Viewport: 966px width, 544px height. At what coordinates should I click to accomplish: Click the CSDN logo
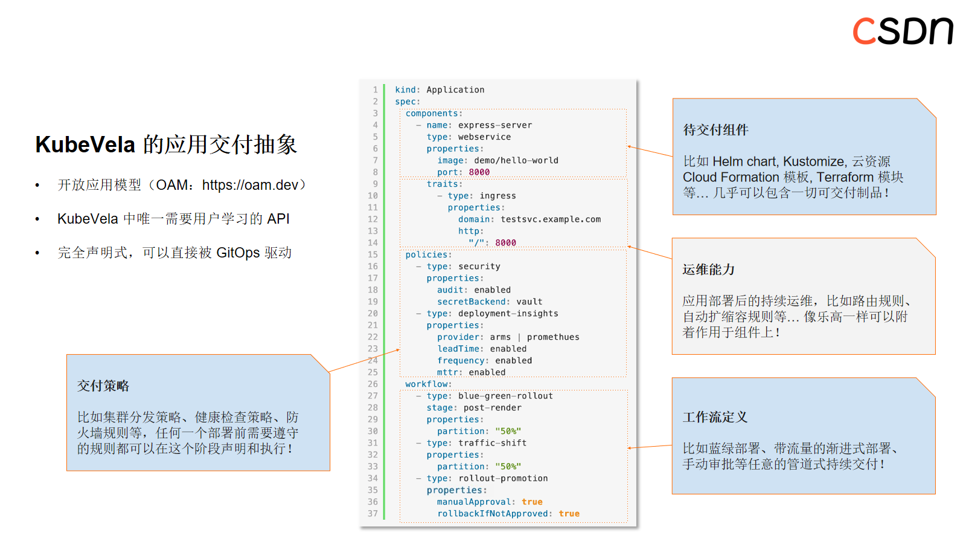[902, 31]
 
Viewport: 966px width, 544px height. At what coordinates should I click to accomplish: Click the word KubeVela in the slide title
[85, 145]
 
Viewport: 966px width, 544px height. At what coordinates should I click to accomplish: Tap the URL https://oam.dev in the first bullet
[250, 185]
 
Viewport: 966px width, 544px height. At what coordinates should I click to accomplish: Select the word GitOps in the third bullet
[238, 253]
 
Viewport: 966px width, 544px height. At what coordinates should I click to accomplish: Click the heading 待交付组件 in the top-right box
[715, 130]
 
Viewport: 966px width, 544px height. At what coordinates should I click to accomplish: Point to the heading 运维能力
[708, 270]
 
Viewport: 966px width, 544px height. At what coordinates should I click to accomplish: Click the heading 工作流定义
[715, 417]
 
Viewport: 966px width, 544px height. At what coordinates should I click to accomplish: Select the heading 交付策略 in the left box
[103, 386]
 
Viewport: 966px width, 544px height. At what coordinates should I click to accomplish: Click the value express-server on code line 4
[494, 125]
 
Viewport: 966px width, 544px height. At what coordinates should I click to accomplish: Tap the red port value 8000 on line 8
[479, 172]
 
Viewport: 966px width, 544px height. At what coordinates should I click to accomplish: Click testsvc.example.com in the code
[550, 219]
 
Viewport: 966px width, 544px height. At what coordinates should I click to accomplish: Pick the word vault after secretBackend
[529, 302]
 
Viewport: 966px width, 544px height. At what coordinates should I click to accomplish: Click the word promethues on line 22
[552, 337]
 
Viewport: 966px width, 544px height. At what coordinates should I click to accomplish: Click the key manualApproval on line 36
[474, 502]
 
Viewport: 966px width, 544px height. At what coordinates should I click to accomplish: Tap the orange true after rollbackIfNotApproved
[569, 514]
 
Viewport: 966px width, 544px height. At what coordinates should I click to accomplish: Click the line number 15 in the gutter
[373, 254]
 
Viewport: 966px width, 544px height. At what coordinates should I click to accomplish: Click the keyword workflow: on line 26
[427, 384]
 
